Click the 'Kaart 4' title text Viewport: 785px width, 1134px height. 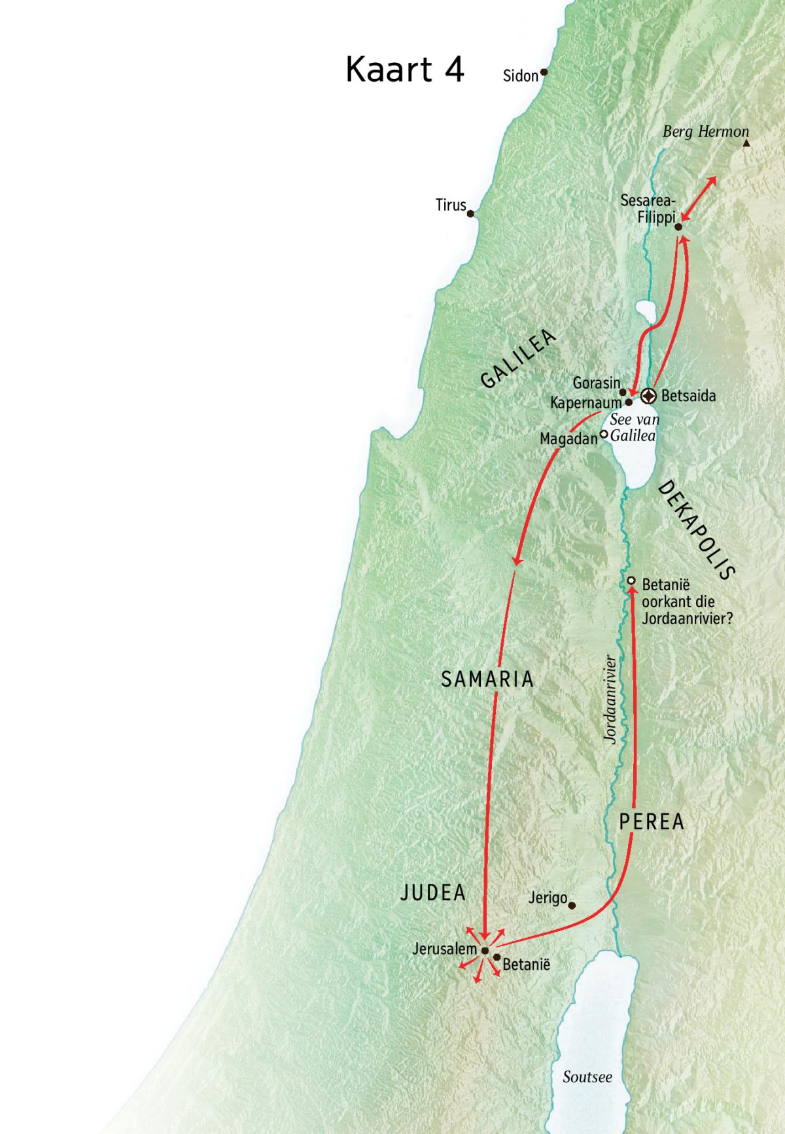coord(404,69)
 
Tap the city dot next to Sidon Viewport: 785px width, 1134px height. coord(543,73)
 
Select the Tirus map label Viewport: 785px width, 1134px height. coord(450,205)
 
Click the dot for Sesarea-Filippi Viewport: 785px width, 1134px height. coord(678,227)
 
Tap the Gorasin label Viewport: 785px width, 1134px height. coord(596,383)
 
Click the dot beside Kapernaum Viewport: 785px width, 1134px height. coord(629,403)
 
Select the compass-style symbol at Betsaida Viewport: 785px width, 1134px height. coord(648,395)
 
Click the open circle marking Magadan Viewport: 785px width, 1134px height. coord(604,433)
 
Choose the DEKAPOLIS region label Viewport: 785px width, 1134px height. coord(696,530)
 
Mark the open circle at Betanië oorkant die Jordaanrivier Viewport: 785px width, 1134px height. coord(631,580)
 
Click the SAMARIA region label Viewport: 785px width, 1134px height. coord(487,679)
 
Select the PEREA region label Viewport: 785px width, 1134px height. coord(652,822)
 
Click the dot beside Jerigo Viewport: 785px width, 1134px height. coord(572,906)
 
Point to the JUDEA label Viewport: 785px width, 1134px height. coord(432,893)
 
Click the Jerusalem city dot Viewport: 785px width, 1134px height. coord(485,951)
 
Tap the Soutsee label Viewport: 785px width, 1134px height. coord(587,1076)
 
